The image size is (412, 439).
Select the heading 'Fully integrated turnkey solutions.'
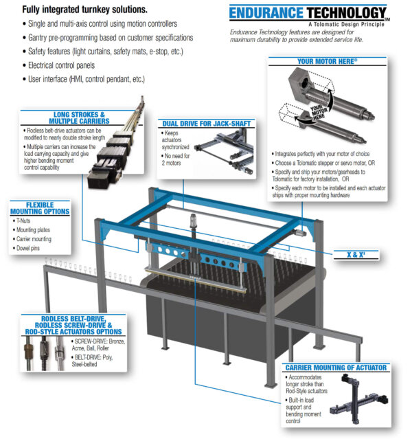pos(74,10)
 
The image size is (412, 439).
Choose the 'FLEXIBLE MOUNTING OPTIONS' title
pos(39,207)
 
